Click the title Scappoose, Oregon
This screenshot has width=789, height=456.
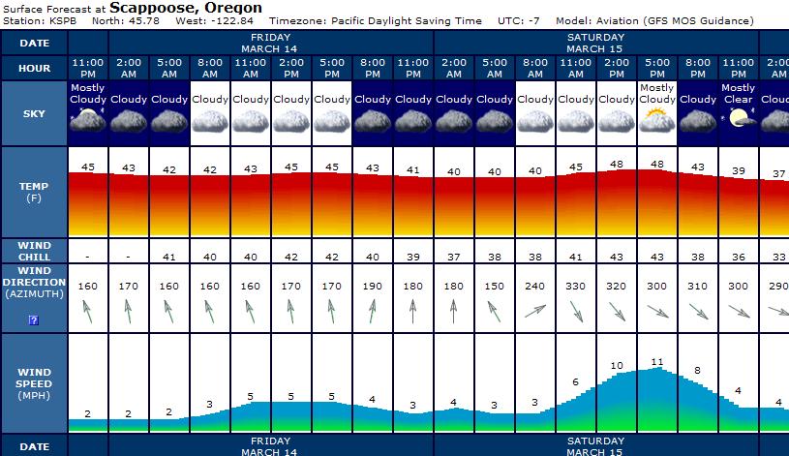click(186, 8)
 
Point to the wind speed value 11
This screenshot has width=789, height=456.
click(657, 362)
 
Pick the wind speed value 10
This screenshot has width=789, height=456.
click(617, 366)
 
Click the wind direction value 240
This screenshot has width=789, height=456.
click(535, 287)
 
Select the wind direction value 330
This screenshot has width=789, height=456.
click(576, 287)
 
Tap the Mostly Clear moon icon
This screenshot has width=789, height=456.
click(739, 118)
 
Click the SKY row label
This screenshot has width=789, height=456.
click(34, 113)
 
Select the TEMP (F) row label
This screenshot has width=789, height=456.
click(34, 191)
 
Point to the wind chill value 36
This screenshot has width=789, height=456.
click(739, 258)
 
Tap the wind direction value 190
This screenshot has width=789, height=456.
click(373, 287)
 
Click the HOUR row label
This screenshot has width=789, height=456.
click(34, 68)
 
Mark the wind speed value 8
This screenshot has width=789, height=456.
click(698, 371)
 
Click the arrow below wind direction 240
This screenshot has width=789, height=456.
click(535, 311)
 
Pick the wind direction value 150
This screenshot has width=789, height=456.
click(495, 287)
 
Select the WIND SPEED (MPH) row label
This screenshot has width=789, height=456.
click(34, 383)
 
